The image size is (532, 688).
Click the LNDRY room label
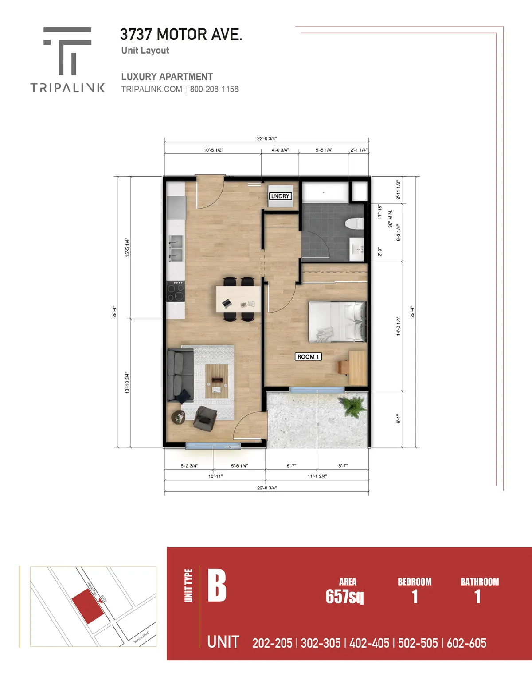coord(280,196)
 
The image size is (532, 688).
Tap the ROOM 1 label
coord(308,356)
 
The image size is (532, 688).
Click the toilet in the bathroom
coord(354,223)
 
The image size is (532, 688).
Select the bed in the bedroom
coord(337,322)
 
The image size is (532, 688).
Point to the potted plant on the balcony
coord(352,406)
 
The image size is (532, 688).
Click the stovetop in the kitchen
coord(175,291)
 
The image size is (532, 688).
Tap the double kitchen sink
coord(176,248)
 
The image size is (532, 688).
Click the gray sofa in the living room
coord(179,375)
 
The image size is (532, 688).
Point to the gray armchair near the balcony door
coord(205,418)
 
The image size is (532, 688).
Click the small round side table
coord(179,417)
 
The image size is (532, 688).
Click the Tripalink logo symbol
coord(67,51)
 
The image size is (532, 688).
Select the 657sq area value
coord(344,597)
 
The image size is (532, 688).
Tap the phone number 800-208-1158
coord(214,89)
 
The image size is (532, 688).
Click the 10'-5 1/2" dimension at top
coord(213,150)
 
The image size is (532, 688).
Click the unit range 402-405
coord(369,643)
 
